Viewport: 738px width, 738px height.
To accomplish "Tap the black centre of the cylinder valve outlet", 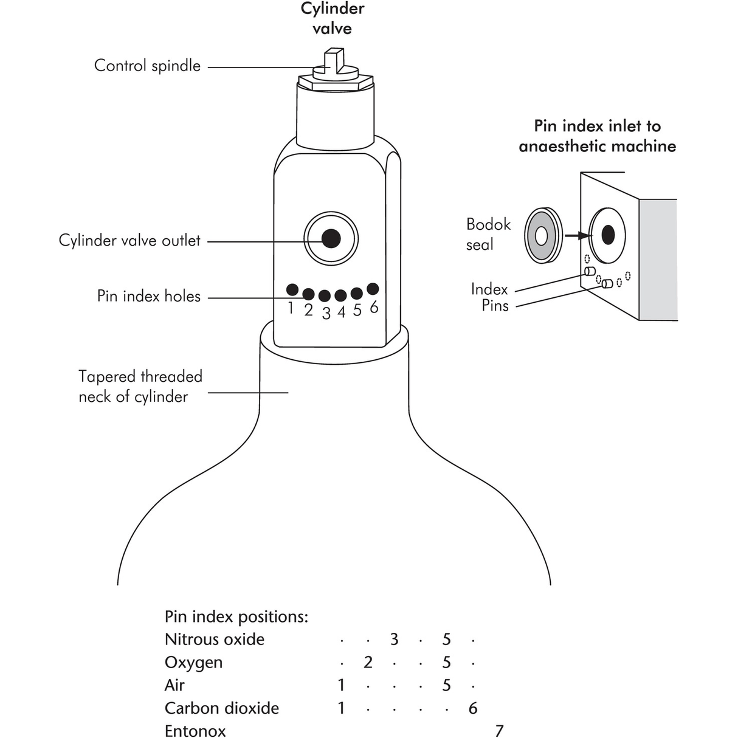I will pos(331,238).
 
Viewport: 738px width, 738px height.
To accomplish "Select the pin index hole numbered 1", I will pos(292,289).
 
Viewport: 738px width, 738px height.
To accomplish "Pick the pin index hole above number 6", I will pos(373,289).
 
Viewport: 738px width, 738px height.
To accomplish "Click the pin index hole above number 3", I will pos(325,296).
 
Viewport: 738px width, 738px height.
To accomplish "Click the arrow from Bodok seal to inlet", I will pos(577,235).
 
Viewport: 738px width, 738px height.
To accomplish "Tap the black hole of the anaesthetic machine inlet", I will pos(608,235).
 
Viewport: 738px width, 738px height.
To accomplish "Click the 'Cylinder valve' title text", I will pos(332,18).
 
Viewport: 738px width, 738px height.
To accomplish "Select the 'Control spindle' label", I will pos(147,66).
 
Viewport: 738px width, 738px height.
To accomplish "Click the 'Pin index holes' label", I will pos(149,296).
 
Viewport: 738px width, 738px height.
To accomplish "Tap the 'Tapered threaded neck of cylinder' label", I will pos(140,387).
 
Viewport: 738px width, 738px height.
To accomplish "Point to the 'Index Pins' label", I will pos(490,297).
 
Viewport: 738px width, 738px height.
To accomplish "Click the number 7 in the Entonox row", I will pos(499,730).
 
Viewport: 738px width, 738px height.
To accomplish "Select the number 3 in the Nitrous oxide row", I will pos(394,640).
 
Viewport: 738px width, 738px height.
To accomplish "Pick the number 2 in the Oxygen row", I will pos(368,662).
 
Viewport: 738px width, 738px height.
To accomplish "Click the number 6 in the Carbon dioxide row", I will pos(473,708).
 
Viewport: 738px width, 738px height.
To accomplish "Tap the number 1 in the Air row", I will pos(341,685).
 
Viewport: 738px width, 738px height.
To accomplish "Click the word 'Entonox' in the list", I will pos(195,731).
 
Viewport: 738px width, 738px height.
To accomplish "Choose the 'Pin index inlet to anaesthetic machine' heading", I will pos(597,136).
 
